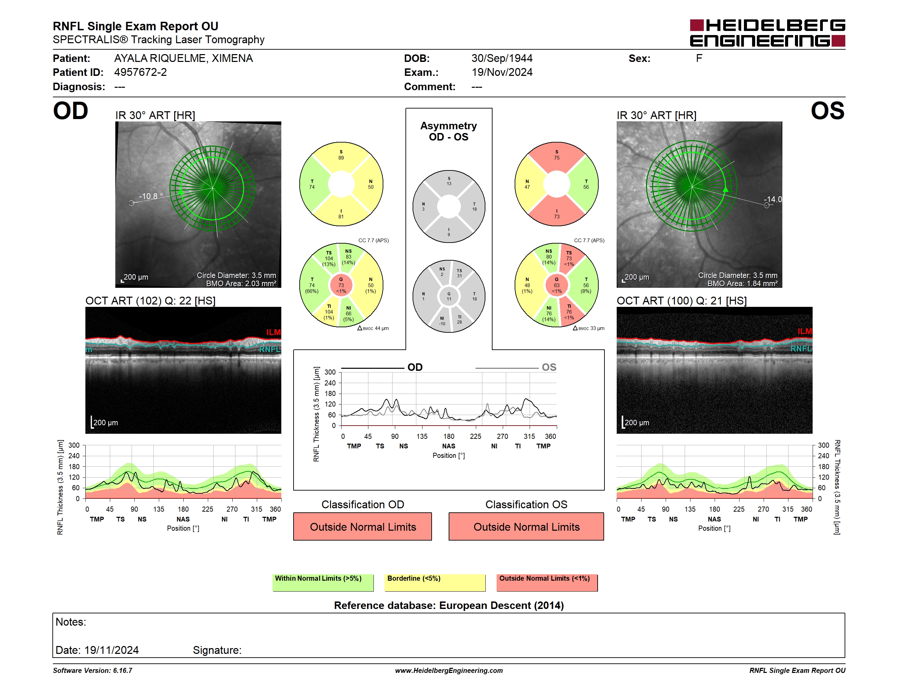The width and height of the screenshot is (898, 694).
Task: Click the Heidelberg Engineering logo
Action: coord(767,33)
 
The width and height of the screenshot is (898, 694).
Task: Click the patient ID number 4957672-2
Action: coord(140,72)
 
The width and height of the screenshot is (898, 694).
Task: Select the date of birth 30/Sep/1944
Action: coord(502,59)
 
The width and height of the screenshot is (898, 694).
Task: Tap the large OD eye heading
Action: coord(70,111)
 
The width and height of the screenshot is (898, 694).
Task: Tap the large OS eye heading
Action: coord(827,111)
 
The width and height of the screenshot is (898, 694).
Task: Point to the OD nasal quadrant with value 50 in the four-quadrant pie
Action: coord(370,184)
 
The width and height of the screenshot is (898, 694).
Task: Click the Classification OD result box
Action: coord(363,526)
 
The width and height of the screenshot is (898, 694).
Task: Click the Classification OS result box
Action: coord(526,526)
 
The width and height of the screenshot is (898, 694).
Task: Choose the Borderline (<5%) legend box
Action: coord(435,582)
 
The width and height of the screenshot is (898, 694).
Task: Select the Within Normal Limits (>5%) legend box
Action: coord(323,582)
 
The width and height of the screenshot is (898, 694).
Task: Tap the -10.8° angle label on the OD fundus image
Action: coord(151,196)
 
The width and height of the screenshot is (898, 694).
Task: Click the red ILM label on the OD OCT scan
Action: coord(273,332)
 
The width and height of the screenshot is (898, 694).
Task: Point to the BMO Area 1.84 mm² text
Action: coord(742,283)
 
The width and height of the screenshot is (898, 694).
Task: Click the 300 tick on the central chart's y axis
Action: coord(330,372)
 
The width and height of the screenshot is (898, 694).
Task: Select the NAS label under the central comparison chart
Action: coord(449,446)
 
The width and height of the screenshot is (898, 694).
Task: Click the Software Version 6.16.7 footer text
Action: coord(93,671)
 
